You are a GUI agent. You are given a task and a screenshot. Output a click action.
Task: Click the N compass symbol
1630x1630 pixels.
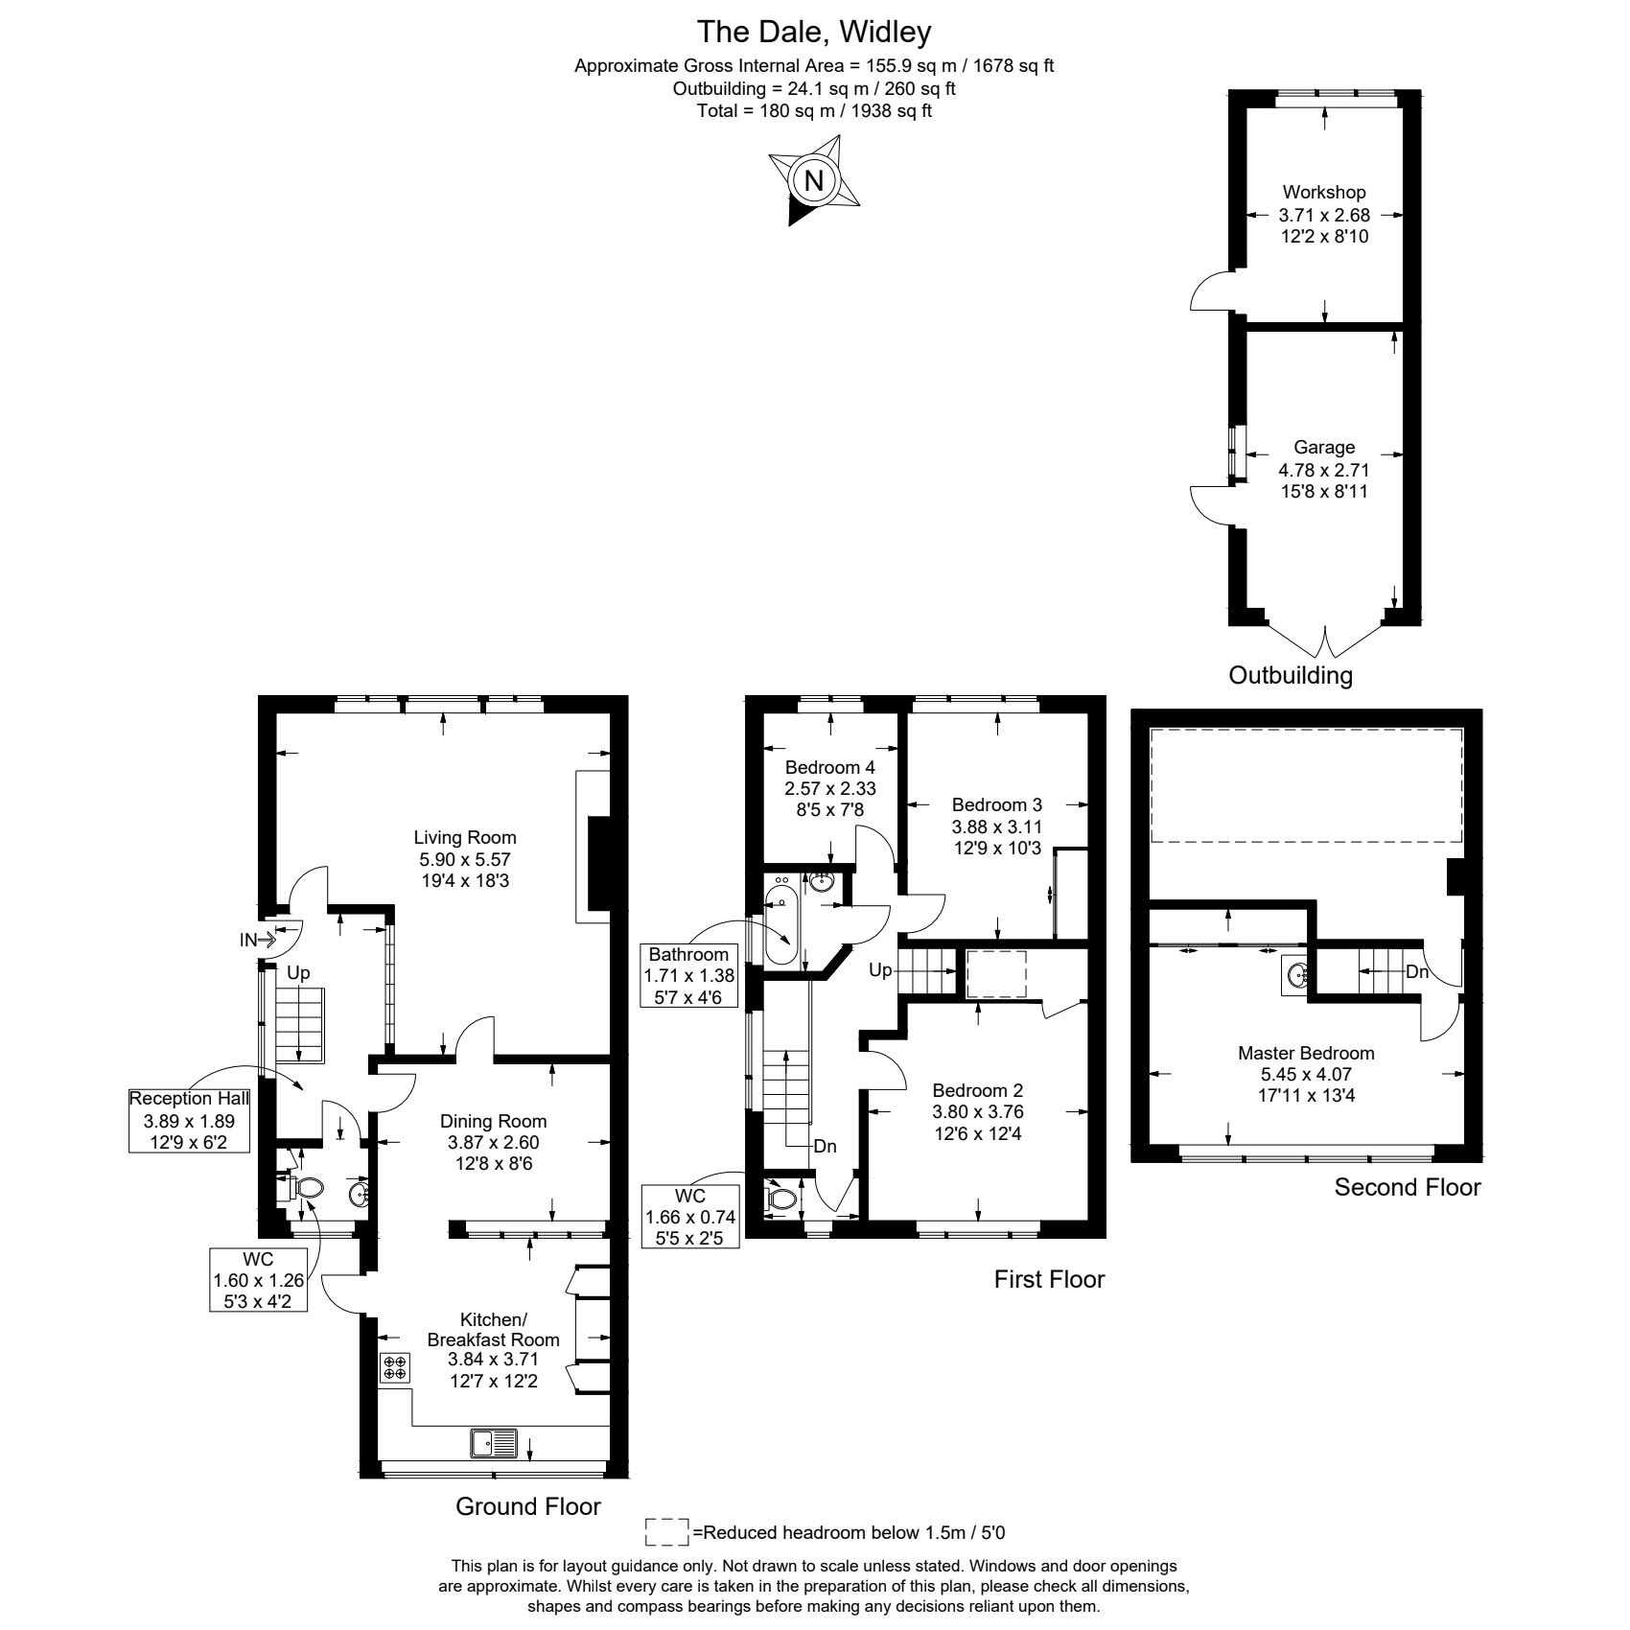coord(814,180)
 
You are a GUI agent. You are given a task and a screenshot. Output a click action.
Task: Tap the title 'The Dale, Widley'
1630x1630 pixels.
coord(814,33)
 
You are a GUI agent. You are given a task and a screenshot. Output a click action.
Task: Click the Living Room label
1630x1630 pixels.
coord(465,838)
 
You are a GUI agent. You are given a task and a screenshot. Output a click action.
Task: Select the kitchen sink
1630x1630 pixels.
coord(494,1442)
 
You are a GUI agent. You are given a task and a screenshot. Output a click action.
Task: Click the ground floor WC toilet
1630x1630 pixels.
coord(300,1188)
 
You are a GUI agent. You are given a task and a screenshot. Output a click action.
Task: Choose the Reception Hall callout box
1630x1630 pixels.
coord(190,1120)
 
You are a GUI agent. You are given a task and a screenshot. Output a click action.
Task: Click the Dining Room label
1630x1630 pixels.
coord(493,1121)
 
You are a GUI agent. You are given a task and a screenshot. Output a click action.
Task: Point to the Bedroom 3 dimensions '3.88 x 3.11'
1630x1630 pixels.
coord(997,827)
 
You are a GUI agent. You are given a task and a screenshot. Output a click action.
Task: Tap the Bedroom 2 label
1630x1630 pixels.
coord(978,1090)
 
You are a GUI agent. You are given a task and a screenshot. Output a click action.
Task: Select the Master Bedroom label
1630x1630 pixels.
coord(1306,1053)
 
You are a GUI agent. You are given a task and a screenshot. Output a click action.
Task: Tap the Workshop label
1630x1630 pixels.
coord(1324,192)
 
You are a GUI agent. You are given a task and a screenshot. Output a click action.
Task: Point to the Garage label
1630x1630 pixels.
coord(1324,447)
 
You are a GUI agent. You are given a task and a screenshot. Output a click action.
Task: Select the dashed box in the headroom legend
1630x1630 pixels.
coord(667,1532)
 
